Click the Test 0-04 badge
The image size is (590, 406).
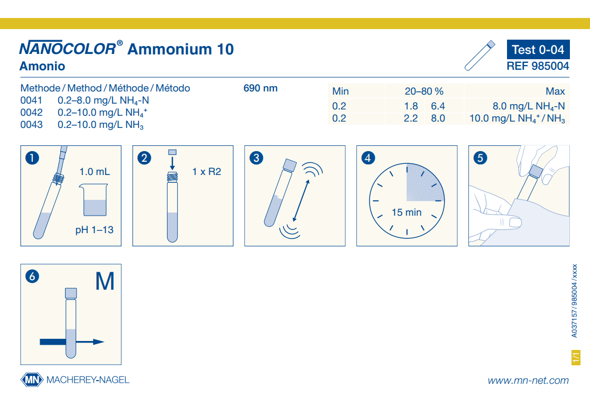pyautogui.click(x=538, y=49)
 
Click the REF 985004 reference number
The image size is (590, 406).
pyautogui.click(x=538, y=66)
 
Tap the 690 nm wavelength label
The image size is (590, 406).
pyautogui.click(x=261, y=88)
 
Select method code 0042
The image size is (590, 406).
pyautogui.click(x=31, y=113)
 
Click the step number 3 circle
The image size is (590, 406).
pyautogui.click(x=256, y=158)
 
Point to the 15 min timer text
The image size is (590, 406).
pyautogui.click(x=407, y=212)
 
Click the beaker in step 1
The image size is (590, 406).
pyautogui.click(x=94, y=200)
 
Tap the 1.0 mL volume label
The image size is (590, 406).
pyautogui.click(x=95, y=172)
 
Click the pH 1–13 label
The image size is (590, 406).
pyautogui.click(x=95, y=230)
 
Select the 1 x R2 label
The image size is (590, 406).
pyautogui.click(x=207, y=172)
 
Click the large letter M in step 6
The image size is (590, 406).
pyautogui.click(x=105, y=281)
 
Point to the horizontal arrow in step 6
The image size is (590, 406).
pyautogui.click(x=72, y=342)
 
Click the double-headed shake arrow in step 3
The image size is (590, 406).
pyautogui.click(x=301, y=200)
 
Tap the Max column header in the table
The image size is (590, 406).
pyautogui.click(x=555, y=91)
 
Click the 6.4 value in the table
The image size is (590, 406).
pyautogui.click(x=438, y=106)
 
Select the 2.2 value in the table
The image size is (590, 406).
pyautogui.click(x=411, y=118)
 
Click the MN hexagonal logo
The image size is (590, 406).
pyautogui.click(x=32, y=380)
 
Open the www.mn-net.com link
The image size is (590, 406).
pyautogui.click(x=528, y=381)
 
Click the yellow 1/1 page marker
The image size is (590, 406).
pyautogui.click(x=576, y=357)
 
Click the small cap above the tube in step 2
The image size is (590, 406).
pyautogui.click(x=172, y=152)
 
